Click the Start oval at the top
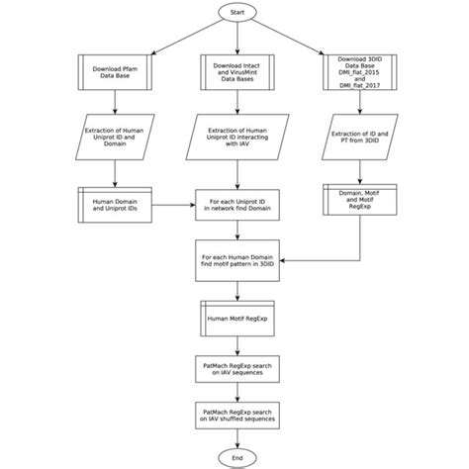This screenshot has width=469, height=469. [234, 13]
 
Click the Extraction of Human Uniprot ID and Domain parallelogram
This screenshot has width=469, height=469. [116, 140]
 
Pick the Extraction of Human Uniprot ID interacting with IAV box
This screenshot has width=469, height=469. [234, 140]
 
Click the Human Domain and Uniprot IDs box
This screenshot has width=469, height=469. [116, 205]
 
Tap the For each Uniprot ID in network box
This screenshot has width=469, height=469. [234, 205]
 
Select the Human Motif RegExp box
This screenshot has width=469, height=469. [234, 319]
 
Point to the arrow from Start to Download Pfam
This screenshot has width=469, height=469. [168, 37]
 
